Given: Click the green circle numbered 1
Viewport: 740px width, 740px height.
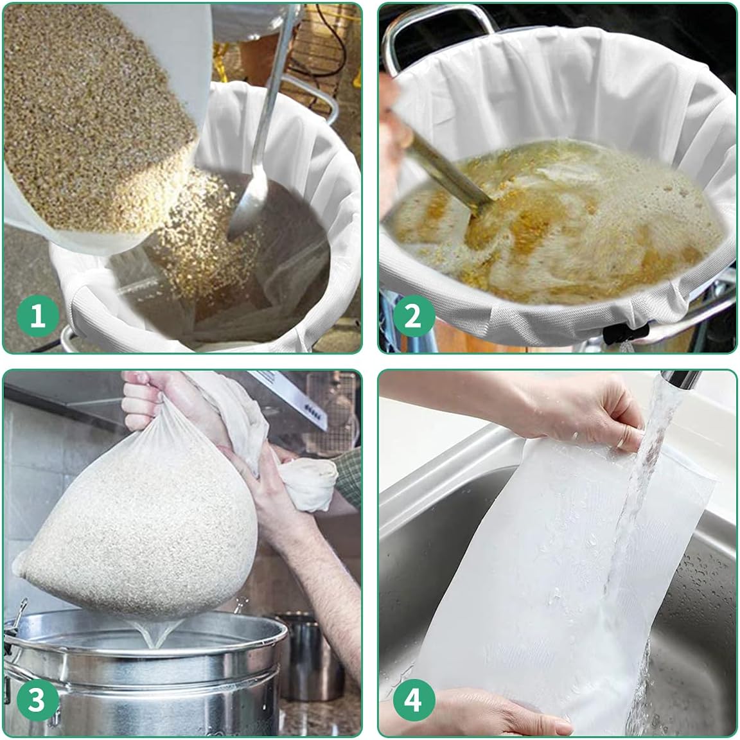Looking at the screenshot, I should [37, 316].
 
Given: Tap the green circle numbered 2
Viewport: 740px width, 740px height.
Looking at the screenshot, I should [412, 316].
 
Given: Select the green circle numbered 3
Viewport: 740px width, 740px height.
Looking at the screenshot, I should [37, 700].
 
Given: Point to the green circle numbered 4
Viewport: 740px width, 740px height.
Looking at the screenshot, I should [412, 700].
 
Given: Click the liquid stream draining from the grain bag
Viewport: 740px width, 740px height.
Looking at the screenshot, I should [152, 637].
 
